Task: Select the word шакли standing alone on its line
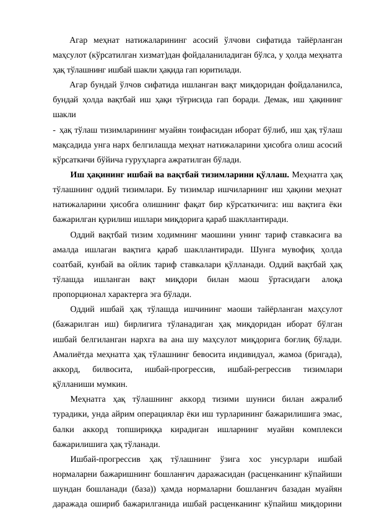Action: pyautogui.click(x=64, y=115)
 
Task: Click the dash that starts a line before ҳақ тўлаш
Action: pyautogui.click(x=54, y=130)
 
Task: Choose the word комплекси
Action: pyautogui.click(x=323, y=428)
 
